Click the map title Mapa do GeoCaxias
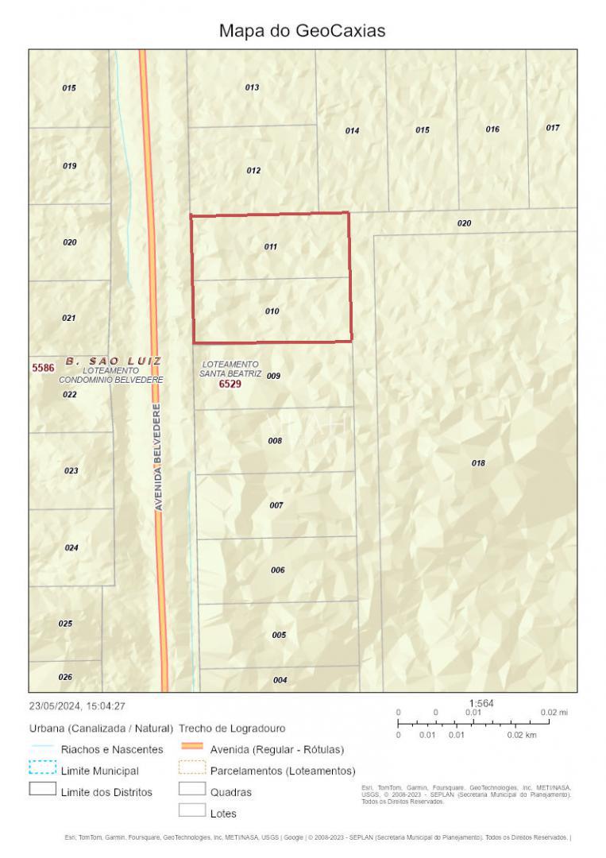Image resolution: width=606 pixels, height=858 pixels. coord(302,31)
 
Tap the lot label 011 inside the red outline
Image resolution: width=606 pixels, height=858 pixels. coord(271,246)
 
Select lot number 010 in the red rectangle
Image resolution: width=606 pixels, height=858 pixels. coord(272,311)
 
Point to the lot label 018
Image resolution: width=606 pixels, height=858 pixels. coord(478,462)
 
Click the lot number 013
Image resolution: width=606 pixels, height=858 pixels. coord(252,87)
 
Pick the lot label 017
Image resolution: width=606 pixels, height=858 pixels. coord(553,128)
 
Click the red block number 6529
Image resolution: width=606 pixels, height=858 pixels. coord(230,384)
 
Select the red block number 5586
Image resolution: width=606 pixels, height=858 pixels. coord(43,368)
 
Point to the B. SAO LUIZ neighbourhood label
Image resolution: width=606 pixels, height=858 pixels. coord(113,361)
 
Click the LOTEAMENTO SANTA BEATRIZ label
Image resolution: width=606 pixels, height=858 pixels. coord(230,369)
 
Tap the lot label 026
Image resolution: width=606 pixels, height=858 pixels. coord(65,677)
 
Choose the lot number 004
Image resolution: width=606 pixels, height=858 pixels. coord(280,680)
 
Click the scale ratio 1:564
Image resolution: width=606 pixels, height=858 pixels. coord(481,703)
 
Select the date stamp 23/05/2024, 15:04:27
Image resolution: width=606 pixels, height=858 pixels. coord(77,705)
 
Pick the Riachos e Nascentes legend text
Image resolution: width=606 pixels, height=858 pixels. coord(112,749)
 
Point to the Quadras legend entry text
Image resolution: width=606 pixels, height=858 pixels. coord(231,792)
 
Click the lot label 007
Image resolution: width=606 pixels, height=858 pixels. coord(276,505)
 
